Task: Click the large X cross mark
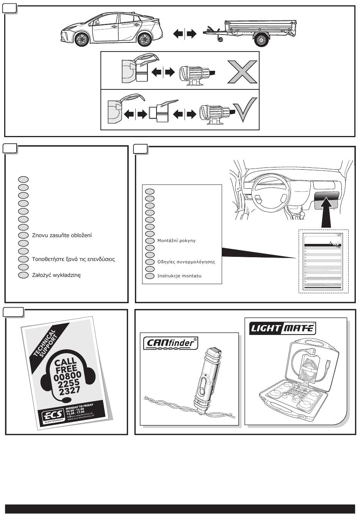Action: point(243,72)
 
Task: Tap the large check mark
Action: point(247,110)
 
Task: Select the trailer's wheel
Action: point(261,39)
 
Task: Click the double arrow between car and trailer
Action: point(185,34)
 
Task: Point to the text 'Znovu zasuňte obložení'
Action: point(62,235)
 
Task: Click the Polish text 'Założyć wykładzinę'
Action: point(56,275)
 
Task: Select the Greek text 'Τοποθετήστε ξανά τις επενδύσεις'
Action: point(73,259)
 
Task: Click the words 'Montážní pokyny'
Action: point(177,241)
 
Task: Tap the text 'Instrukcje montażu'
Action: point(179,276)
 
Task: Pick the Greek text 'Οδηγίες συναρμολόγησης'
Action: point(186,262)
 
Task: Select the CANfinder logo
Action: point(171,343)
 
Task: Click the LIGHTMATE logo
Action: point(282,328)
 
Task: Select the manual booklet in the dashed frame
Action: point(323,262)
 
